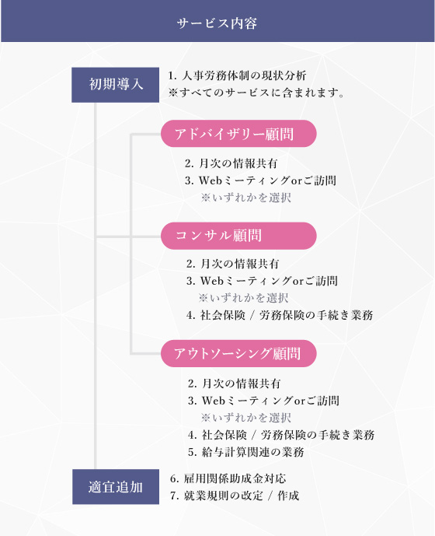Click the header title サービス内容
217,23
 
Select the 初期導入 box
116,85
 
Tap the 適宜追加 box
116,487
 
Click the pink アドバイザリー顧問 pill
238,134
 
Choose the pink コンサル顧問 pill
238,236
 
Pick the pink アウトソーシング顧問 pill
238,353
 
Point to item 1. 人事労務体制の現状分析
237,75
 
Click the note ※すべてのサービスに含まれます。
256,93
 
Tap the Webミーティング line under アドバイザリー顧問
260,180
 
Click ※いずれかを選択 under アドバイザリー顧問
245,198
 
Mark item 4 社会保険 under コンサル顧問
280,315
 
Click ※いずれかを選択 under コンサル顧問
243,298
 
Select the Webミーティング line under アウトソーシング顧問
263,401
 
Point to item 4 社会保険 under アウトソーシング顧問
281,435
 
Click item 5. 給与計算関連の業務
245,452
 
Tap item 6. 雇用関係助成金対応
228,478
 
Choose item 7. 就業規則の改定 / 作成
235,496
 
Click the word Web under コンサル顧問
212,281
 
